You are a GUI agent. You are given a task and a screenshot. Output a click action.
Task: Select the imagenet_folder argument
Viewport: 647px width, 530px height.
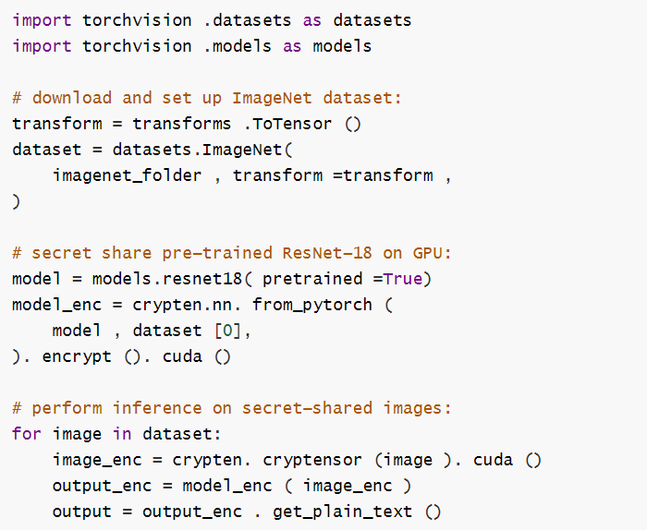point(127,175)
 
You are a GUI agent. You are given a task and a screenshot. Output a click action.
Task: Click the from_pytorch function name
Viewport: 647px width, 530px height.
point(311,305)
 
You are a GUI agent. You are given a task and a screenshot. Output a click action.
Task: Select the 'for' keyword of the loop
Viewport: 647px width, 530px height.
point(26,434)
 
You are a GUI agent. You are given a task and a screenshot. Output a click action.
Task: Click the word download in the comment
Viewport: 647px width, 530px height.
point(72,98)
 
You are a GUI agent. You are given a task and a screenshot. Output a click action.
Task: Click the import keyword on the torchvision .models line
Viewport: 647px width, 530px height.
point(42,45)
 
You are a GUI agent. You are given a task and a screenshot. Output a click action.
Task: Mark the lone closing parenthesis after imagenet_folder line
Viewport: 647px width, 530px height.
point(16,201)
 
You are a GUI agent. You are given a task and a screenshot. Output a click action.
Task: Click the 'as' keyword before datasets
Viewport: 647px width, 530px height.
point(292,19)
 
